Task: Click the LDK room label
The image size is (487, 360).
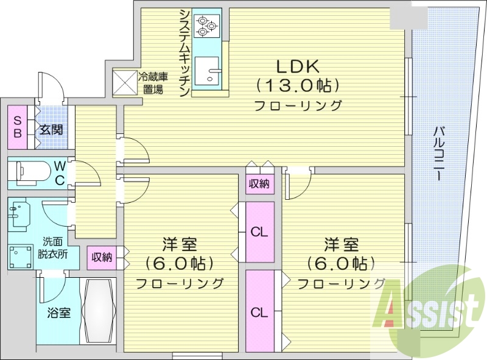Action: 298,66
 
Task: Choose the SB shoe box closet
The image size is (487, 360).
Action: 16,127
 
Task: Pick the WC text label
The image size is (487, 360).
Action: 60,173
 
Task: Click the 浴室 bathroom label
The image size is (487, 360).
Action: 59,313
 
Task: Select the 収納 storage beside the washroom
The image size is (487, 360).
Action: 102,257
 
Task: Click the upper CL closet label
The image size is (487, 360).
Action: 260,231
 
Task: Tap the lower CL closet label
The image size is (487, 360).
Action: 260,312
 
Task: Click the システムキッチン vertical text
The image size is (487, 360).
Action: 183,52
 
